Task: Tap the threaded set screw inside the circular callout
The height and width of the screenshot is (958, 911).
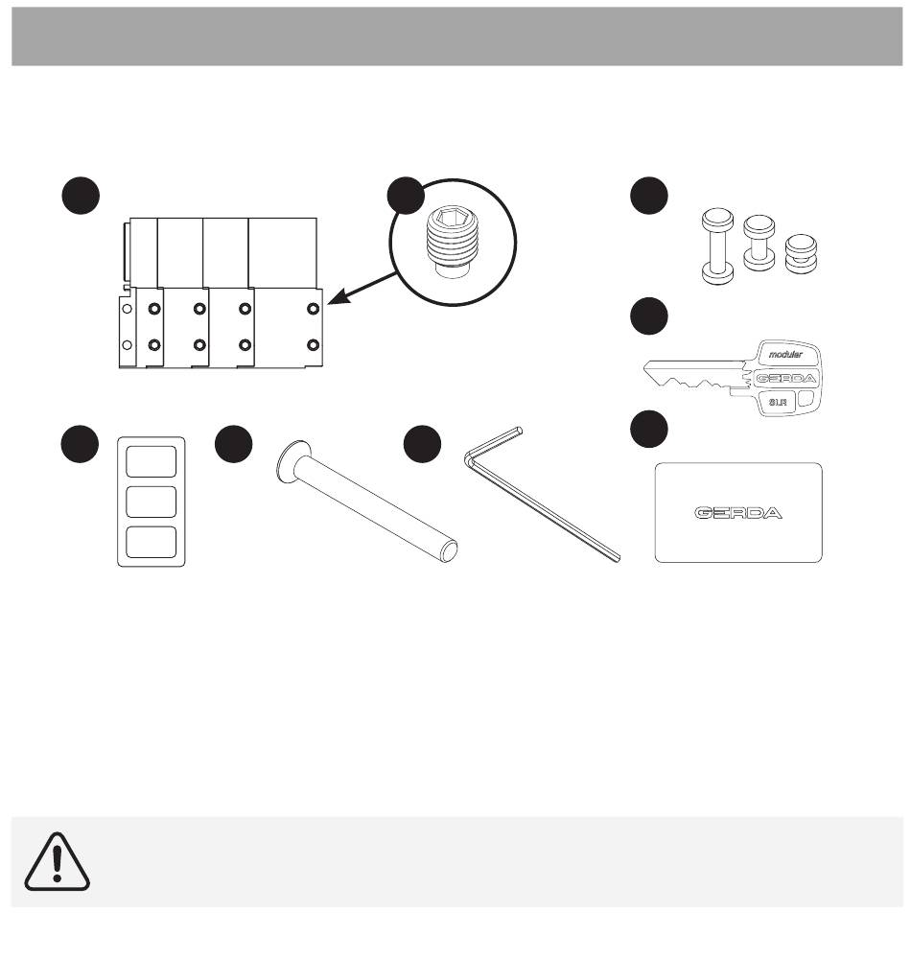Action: (x=452, y=242)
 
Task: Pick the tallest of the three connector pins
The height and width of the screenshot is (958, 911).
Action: (x=718, y=246)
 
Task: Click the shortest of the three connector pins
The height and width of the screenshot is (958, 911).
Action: (x=801, y=253)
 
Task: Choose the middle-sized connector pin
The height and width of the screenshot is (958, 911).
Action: (x=759, y=243)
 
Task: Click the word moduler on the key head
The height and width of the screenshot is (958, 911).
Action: (x=785, y=355)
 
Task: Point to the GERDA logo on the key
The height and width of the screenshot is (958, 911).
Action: (x=785, y=378)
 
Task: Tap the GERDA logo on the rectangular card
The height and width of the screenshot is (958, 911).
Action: (x=738, y=513)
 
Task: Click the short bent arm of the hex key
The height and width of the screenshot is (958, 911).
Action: (x=494, y=441)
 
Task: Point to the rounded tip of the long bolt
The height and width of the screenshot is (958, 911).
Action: (x=449, y=551)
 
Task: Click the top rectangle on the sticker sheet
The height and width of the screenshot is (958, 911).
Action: (x=151, y=461)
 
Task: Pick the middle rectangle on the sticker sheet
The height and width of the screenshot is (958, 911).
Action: (x=151, y=502)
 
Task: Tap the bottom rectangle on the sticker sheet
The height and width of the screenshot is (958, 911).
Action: (x=151, y=542)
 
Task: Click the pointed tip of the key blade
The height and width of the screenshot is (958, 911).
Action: (x=645, y=366)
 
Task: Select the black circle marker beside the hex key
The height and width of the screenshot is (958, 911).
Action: (x=422, y=444)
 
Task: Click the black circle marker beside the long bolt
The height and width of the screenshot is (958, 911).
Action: (x=233, y=444)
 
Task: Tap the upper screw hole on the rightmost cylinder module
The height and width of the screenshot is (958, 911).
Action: (x=313, y=309)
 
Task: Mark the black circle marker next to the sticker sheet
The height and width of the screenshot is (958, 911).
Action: (x=80, y=444)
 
